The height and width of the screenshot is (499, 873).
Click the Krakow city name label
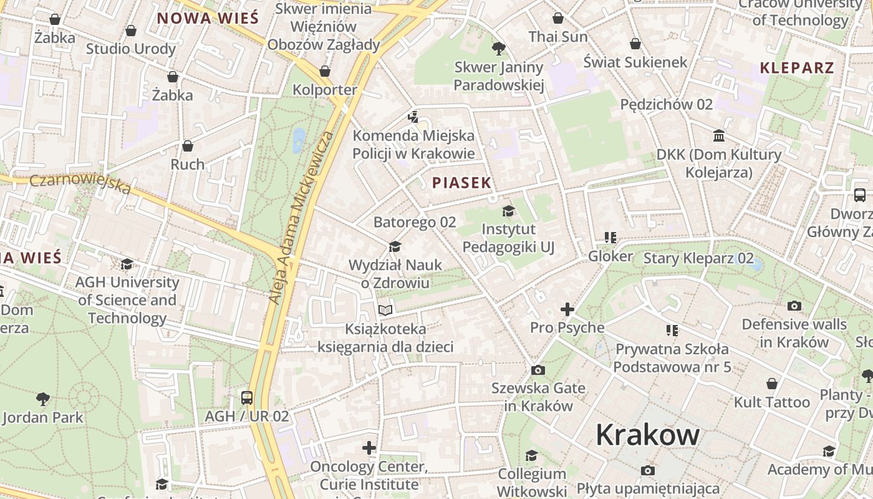[647, 435]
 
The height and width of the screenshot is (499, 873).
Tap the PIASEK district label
[462, 183]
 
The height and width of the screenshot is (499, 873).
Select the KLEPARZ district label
[797, 68]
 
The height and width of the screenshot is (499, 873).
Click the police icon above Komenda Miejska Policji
[412, 117]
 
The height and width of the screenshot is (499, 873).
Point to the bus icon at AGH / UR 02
[247, 397]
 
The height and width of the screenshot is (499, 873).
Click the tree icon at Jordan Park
[43, 399]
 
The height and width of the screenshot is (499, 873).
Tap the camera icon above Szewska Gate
[538, 370]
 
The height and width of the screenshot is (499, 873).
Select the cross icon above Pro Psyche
[567, 309]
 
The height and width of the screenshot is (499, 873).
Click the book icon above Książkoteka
[386, 310]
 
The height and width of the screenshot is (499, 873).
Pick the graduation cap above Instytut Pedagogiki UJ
[508, 211]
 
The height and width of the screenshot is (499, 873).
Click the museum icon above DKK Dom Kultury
[719, 135]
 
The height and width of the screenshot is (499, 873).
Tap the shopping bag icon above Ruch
[188, 146]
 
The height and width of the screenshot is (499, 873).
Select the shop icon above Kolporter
[324, 71]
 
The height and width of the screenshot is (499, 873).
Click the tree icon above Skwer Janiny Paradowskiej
[498, 48]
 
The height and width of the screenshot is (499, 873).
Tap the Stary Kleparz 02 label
[698, 258]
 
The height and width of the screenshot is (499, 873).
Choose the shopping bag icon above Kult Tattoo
[772, 384]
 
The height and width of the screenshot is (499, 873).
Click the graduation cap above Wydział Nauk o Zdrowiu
[394, 247]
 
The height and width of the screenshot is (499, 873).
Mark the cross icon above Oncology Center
[369, 448]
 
